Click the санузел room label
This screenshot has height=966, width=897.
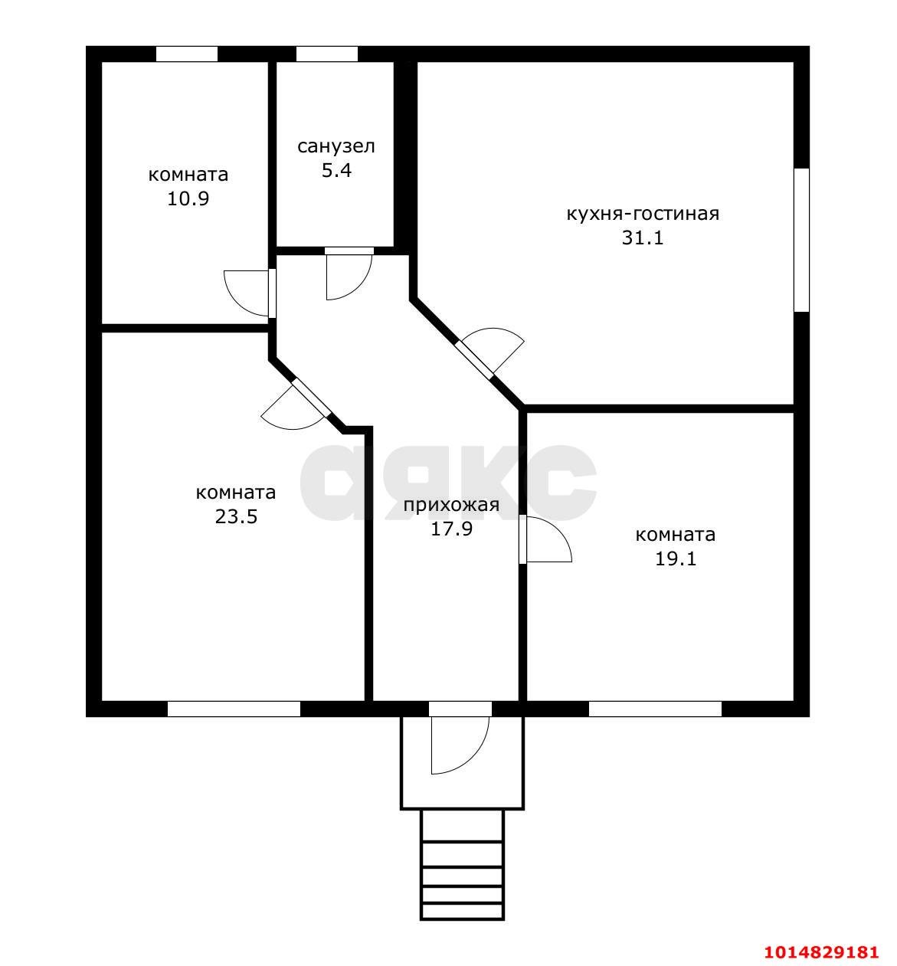336,146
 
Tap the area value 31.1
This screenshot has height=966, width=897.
643,237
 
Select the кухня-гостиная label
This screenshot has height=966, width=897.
643,214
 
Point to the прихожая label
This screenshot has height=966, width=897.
451,505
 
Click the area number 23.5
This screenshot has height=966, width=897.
236,516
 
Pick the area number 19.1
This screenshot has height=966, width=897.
676,559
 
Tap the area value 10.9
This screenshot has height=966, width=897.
188,198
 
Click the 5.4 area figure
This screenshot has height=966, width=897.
336,171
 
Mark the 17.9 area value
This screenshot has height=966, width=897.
451,529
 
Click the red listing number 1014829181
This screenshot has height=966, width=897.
821,951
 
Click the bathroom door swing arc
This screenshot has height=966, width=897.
349,277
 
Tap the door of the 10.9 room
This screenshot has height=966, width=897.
247,293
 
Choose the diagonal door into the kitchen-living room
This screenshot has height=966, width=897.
492,350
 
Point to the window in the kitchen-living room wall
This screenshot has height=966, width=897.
801,240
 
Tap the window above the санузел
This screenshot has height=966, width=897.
327,54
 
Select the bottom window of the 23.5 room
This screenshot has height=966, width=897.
234,709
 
